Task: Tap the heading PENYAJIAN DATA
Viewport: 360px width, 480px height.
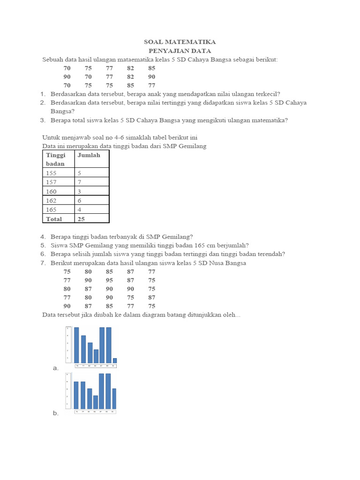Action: (180, 51)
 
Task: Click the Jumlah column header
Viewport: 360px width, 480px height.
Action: (89, 155)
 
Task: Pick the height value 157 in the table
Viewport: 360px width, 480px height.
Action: (51, 182)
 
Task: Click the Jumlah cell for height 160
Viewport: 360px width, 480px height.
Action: (80, 191)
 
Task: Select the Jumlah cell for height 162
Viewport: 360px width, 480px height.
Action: (80, 200)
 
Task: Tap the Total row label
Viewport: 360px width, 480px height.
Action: (54, 219)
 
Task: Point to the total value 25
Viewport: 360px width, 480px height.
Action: (82, 219)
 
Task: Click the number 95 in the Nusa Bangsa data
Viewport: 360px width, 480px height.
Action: (109, 280)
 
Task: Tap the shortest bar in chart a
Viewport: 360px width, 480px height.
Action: (115, 360)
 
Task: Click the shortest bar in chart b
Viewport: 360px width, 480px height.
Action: (96, 402)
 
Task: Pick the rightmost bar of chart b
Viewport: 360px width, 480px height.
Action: (114, 398)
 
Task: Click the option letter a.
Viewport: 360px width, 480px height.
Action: (56, 368)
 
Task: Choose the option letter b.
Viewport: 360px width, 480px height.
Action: (56, 413)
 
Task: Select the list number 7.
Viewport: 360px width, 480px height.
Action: (43, 263)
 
